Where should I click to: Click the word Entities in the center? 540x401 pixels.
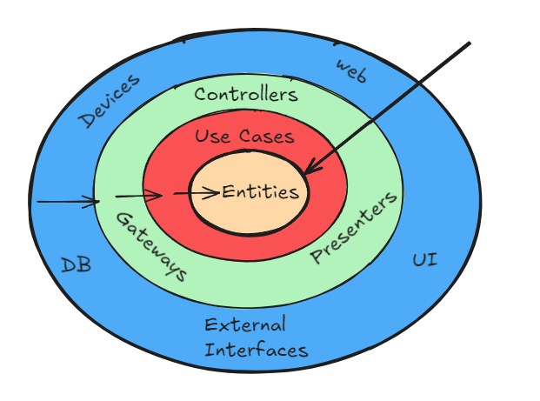pyautogui.click(x=260, y=192)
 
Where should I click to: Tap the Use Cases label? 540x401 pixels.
pyautogui.click(x=244, y=137)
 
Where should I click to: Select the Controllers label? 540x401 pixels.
pyautogui.click(x=246, y=94)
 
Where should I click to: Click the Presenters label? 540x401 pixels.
pyautogui.click(x=355, y=227)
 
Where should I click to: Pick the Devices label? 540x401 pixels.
pyautogui.click(x=109, y=102)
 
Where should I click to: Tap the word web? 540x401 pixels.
pyautogui.click(x=351, y=70)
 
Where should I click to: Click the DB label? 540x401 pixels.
pyautogui.click(x=77, y=265)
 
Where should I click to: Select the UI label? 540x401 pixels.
pyautogui.click(x=424, y=260)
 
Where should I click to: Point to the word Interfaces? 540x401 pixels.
pyautogui.click(x=256, y=351)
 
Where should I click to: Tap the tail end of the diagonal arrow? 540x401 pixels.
pyautogui.click(x=469, y=43)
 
